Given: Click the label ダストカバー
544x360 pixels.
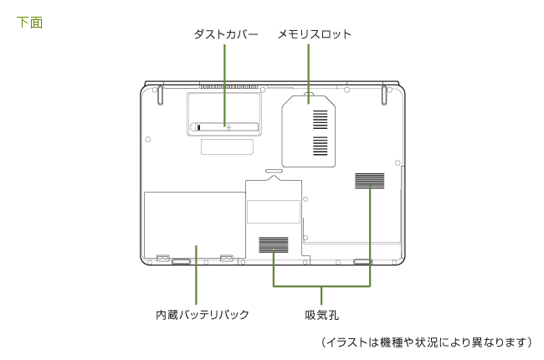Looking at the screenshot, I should click(224, 34).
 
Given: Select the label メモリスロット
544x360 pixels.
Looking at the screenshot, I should click(315, 34).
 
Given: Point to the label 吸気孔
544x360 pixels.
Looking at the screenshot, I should click(322, 315).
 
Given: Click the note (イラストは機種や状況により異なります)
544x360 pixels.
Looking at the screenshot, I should click(427, 342).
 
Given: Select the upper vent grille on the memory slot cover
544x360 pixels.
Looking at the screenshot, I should click(321, 119).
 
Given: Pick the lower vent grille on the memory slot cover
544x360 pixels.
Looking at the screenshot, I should click(321, 147).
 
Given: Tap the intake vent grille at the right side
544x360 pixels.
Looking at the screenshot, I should click(369, 180).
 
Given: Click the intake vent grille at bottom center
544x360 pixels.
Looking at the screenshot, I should click(273, 244).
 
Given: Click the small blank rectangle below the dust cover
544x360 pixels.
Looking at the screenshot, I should click(227, 147).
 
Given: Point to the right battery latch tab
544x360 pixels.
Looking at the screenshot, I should click(226, 256).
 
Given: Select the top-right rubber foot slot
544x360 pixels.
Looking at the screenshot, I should click(384, 94).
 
